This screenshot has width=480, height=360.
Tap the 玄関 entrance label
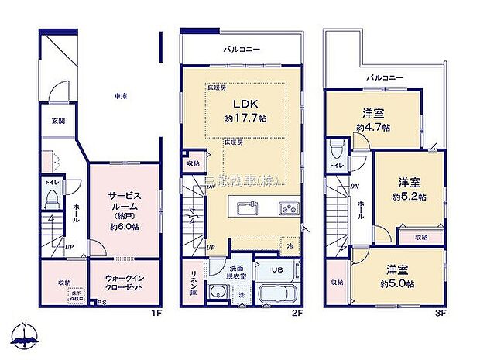pos(59,120)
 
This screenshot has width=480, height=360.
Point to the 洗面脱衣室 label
pos(236,272)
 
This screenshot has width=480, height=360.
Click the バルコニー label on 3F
pos(384,78)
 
